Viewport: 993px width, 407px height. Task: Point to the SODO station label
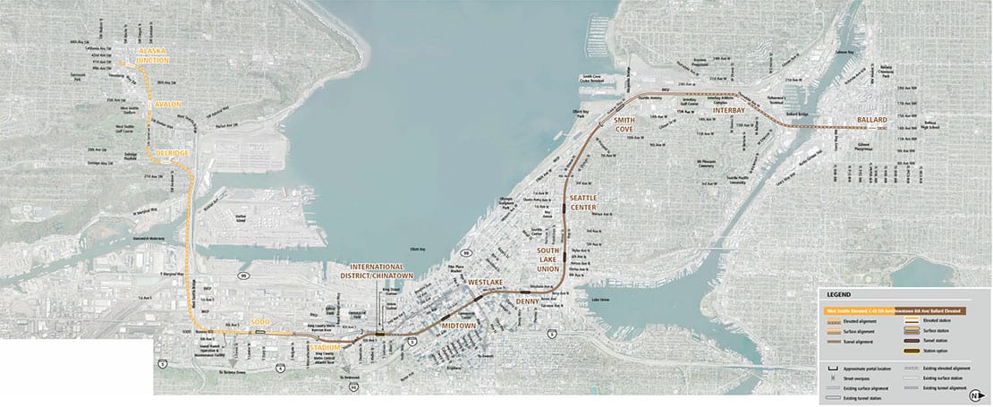click(259, 320)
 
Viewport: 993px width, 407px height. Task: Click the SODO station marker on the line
click(259, 333)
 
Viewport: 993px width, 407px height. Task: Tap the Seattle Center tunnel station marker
click(564, 208)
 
